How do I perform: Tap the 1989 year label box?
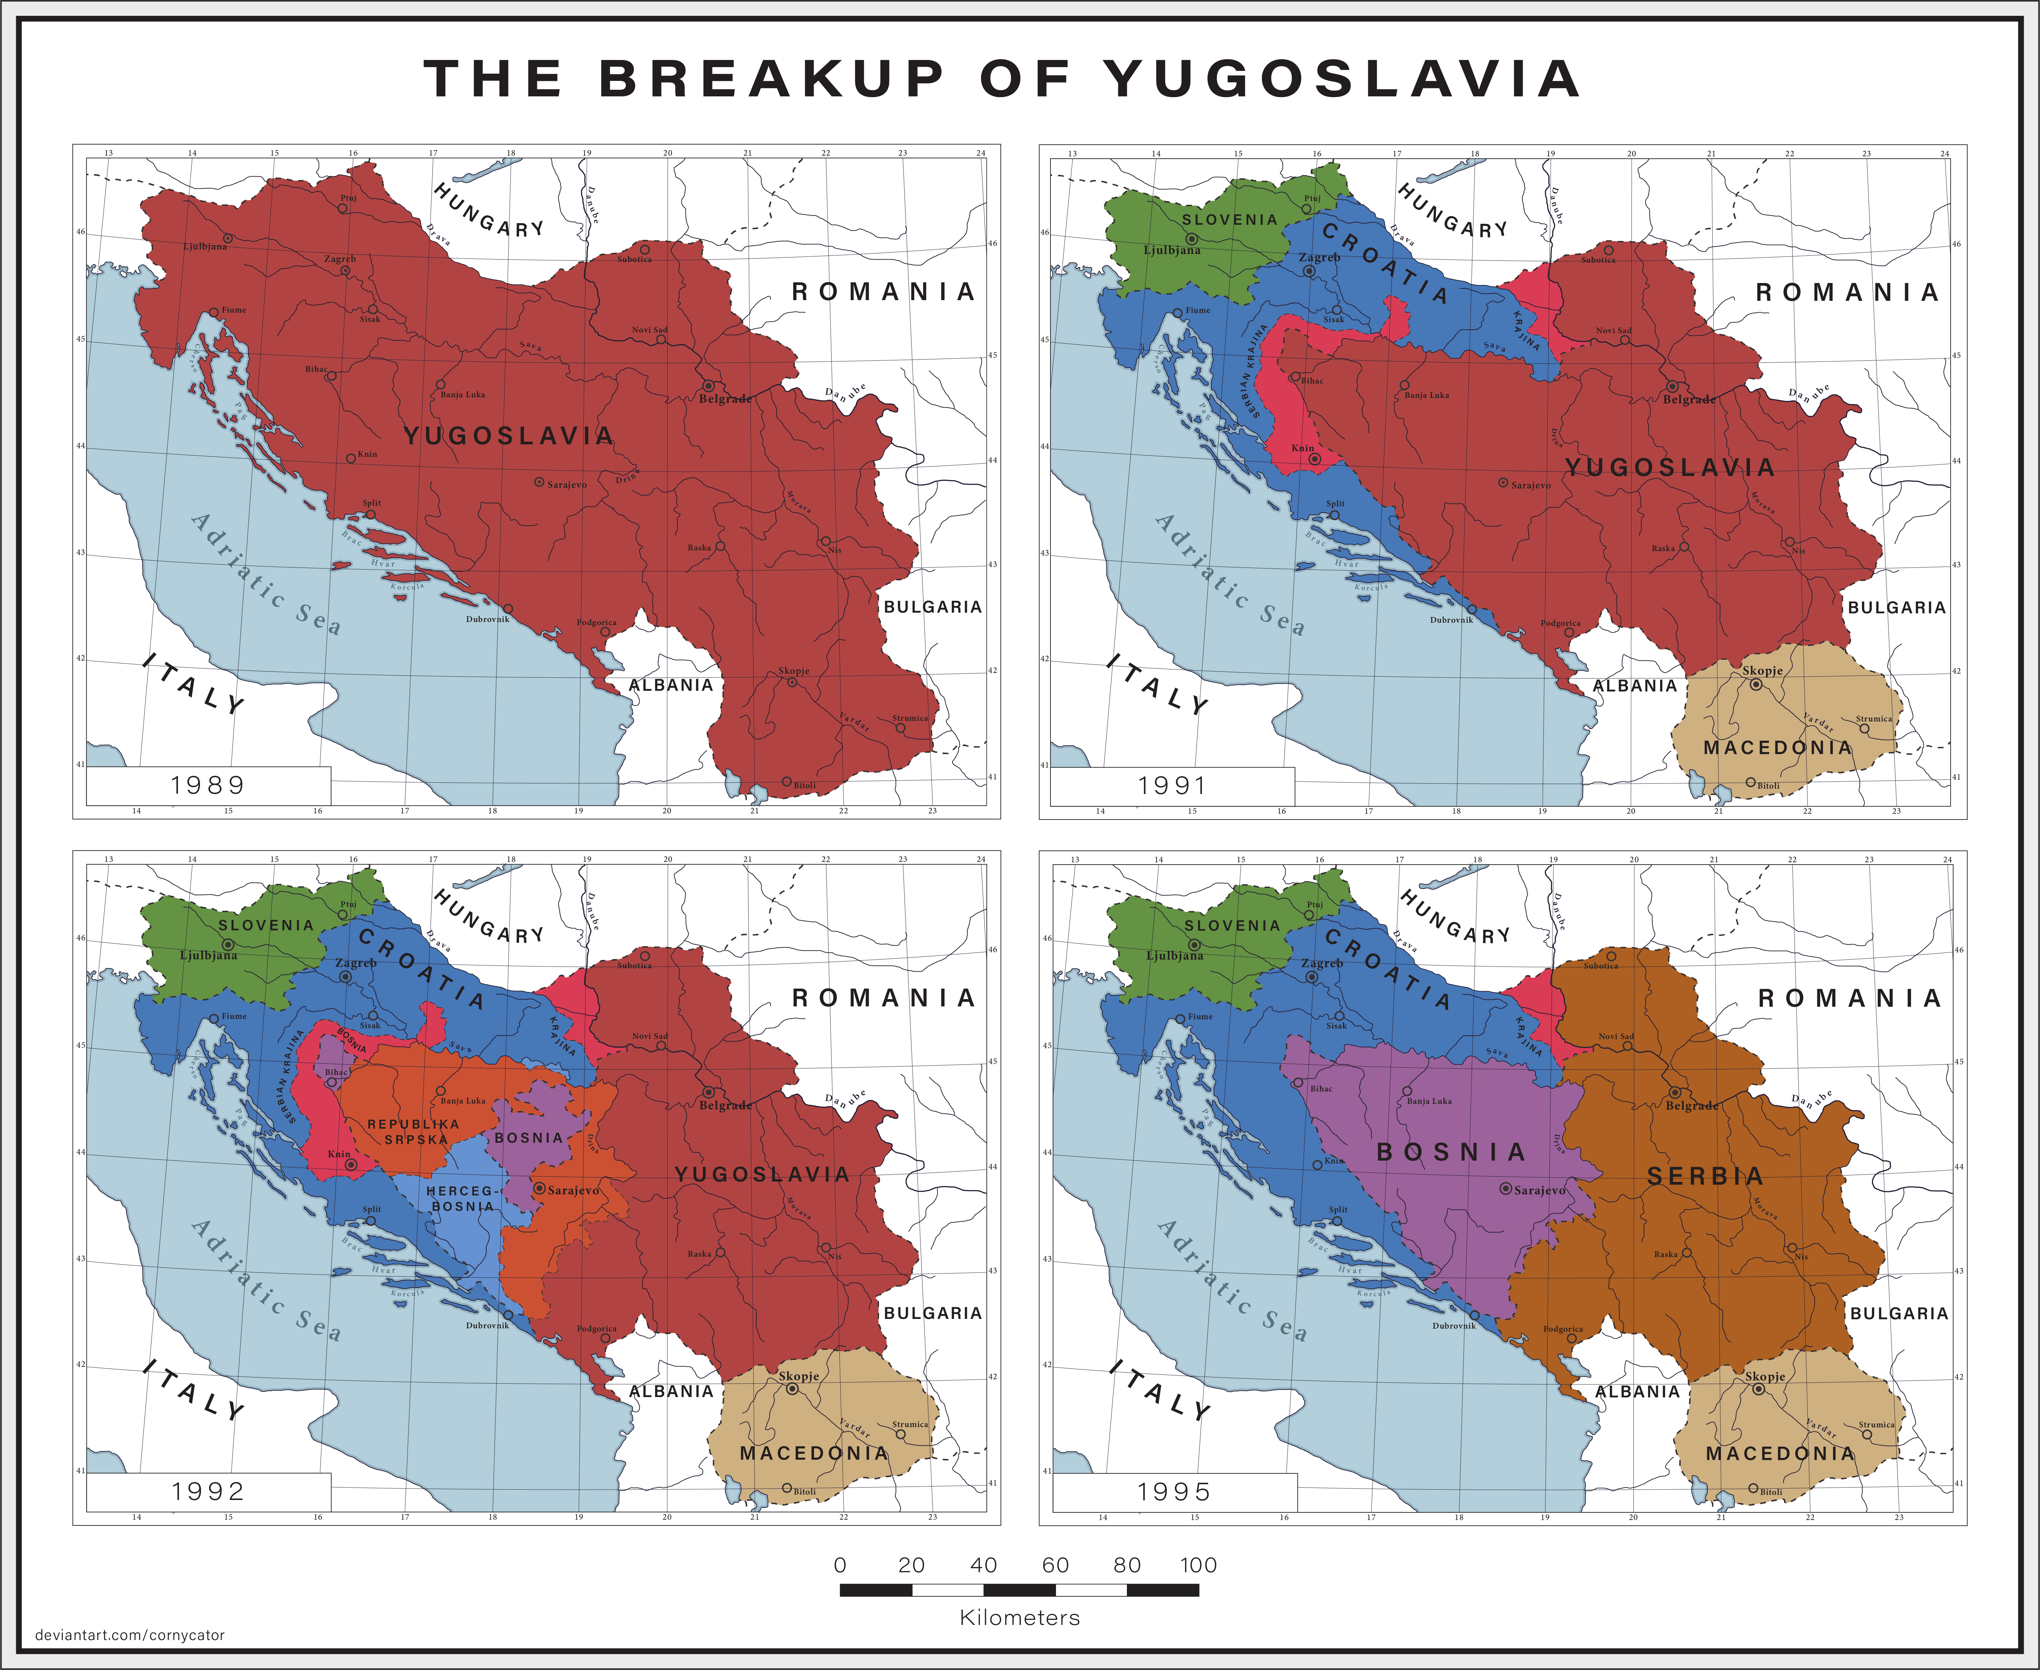tap(208, 785)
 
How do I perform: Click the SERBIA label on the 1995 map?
tap(1705, 1175)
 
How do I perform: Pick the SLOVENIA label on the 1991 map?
tap(1229, 219)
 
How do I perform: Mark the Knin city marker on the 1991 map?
tap(1315, 459)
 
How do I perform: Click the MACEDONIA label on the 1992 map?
tap(814, 1454)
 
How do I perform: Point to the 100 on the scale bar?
tap(1198, 1565)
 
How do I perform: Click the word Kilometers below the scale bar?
tap(1019, 1618)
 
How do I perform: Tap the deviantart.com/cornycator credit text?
tap(130, 1635)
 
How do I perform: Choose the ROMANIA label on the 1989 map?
tap(883, 292)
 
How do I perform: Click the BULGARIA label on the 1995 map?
tap(1899, 1313)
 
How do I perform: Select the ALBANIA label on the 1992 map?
tap(672, 1391)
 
